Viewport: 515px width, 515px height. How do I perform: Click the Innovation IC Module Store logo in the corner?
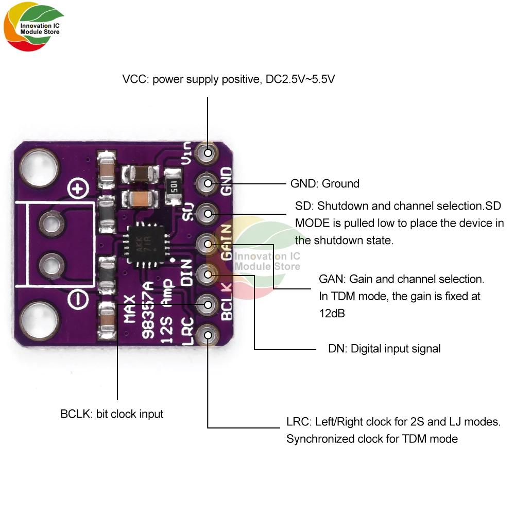click(34, 29)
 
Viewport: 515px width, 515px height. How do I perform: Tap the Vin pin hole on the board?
click(208, 152)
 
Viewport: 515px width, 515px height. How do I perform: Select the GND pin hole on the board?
click(208, 183)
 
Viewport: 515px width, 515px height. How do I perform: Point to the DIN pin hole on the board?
click(208, 273)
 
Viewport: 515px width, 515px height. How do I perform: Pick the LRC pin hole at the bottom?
click(208, 335)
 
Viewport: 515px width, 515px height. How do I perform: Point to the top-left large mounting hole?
click(36, 166)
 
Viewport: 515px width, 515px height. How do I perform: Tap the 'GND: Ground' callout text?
click(325, 184)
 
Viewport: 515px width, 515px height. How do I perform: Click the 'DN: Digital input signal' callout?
click(384, 349)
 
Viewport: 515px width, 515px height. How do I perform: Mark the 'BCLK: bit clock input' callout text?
click(112, 414)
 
